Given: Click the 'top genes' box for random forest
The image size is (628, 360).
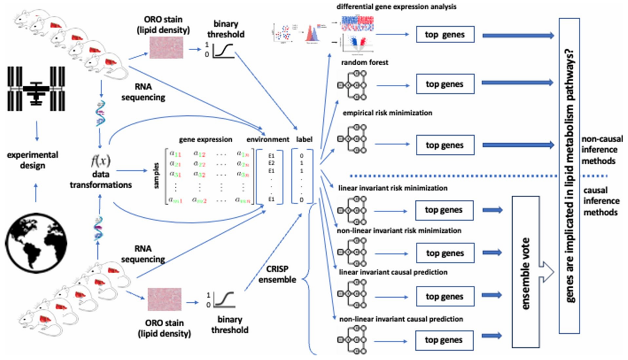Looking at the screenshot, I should point(445,83).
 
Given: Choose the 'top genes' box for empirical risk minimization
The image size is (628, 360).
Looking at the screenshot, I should point(445,145).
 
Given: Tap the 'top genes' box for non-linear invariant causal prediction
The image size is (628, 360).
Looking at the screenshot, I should point(445,339).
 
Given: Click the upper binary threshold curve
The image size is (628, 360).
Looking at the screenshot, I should point(224,50).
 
